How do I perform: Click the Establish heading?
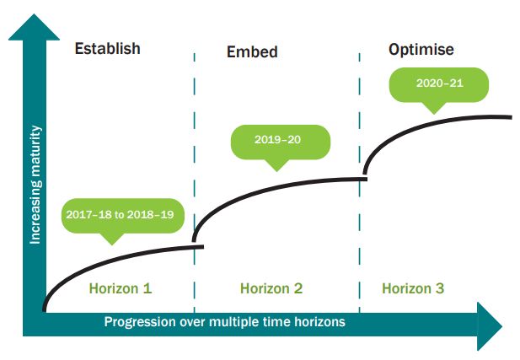click(x=107, y=48)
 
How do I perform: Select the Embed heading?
click(x=252, y=51)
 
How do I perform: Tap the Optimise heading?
click(x=421, y=50)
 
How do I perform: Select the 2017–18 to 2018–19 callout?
click(x=123, y=216)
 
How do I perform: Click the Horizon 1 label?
click(x=121, y=288)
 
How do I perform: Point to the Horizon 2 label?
click(x=271, y=288)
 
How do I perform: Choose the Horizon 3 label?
click(x=413, y=288)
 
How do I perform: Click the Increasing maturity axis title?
click(x=35, y=185)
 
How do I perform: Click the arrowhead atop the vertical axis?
click(x=34, y=27)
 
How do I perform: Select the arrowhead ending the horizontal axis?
click(x=490, y=326)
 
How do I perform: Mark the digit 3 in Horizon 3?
click(x=440, y=288)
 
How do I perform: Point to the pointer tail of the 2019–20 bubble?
click(x=276, y=165)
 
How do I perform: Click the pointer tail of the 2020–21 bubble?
click(x=434, y=108)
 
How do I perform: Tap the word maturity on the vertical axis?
click(x=35, y=153)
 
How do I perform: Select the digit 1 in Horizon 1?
click(x=147, y=288)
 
